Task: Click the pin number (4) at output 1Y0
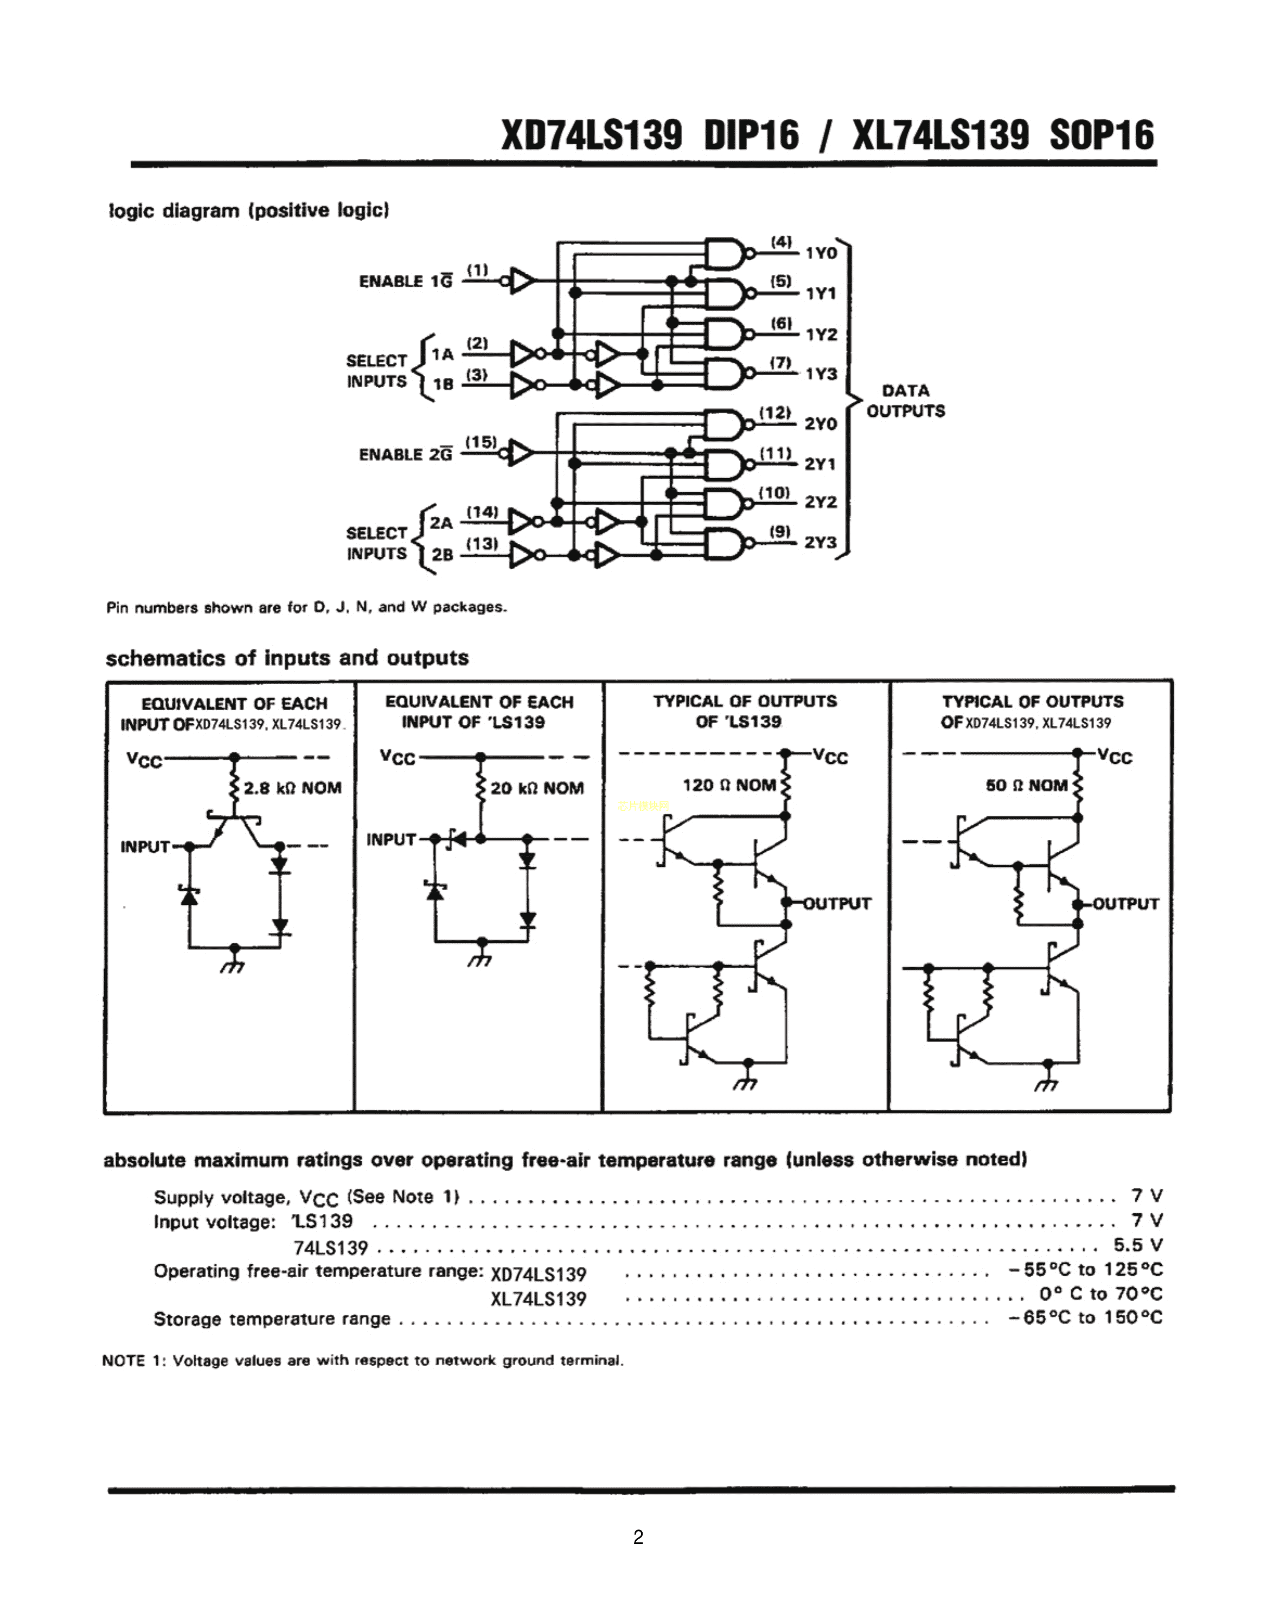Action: pos(781,242)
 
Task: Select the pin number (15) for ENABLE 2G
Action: pos(481,442)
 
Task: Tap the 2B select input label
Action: pos(441,554)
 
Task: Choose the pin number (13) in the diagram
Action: pos(482,544)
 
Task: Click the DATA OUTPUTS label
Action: pos(905,401)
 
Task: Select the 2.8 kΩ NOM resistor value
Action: pos(292,788)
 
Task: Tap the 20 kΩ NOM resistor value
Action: pos(536,788)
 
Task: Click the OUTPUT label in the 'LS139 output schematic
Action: pos(836,903)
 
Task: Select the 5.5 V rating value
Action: pos(1138,1245)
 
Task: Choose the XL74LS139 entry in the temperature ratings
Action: pos(538,1298)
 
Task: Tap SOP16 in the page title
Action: pos(1101,136)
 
